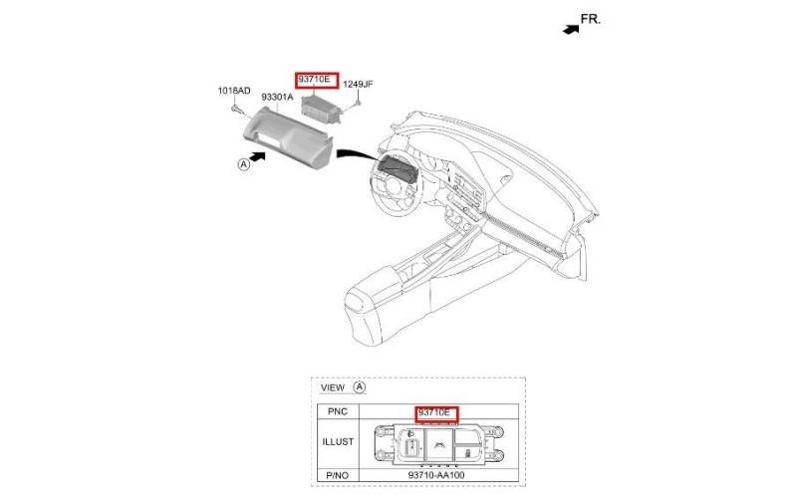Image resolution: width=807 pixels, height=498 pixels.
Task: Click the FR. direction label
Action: [591, 19]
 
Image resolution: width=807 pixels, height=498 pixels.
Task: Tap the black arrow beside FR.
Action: [571, 29]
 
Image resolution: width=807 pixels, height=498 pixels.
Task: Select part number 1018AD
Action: [234, 91]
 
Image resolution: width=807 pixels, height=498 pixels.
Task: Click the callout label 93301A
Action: [277, 98]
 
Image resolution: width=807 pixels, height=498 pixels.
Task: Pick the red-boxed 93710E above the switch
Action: [317, 81]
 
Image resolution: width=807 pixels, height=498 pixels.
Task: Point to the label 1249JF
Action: [358, 84]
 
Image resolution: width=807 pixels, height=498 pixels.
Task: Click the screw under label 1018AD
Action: [237, 110]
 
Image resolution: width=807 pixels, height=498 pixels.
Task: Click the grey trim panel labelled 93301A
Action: [288, 136]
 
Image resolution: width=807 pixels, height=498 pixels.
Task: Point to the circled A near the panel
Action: [243, 164]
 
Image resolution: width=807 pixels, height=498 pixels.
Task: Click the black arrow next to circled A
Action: [257, 156]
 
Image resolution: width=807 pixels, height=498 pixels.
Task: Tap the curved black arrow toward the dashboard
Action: [361, 154]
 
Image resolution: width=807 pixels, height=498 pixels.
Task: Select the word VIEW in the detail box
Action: [333, 387]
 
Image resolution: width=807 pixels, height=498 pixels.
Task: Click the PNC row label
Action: [338, 411]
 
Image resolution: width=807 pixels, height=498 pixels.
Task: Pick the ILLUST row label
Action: [338, 442]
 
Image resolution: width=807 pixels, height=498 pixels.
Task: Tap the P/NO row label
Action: [338, 475]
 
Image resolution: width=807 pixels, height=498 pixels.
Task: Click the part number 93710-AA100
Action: [436, 475]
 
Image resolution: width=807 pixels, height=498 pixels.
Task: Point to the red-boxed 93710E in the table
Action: [436, 414]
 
